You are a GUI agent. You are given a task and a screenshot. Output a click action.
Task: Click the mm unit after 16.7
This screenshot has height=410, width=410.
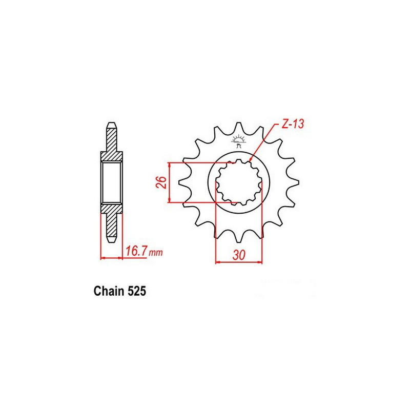pos(156,253)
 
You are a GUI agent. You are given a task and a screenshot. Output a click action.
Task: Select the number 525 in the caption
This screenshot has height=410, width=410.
pos(136,292)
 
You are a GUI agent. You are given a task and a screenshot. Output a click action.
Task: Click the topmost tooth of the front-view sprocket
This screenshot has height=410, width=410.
pos(238,126)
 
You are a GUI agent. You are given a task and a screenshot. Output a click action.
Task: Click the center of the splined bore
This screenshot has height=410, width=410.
pos(238,182)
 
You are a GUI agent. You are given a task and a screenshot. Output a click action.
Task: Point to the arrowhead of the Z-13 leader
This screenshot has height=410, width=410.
pos(251,160)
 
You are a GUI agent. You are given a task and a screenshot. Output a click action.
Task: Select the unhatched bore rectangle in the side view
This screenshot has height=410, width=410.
pos(112,182)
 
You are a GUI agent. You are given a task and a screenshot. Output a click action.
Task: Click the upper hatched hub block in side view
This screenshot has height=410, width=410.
pos(112,156)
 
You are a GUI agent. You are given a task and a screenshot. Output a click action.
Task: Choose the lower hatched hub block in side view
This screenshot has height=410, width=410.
pos(112,209)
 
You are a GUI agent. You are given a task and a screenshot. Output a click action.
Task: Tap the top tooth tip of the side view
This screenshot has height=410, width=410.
pos(112,125)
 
